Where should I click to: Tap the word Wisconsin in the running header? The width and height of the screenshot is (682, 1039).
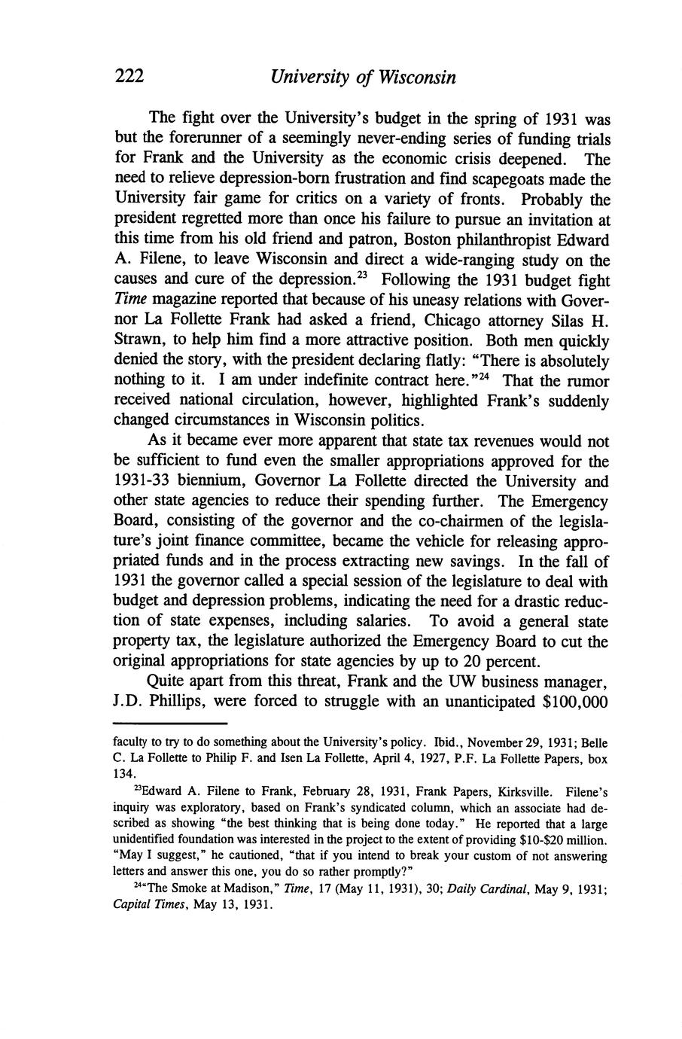click(416, 77)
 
